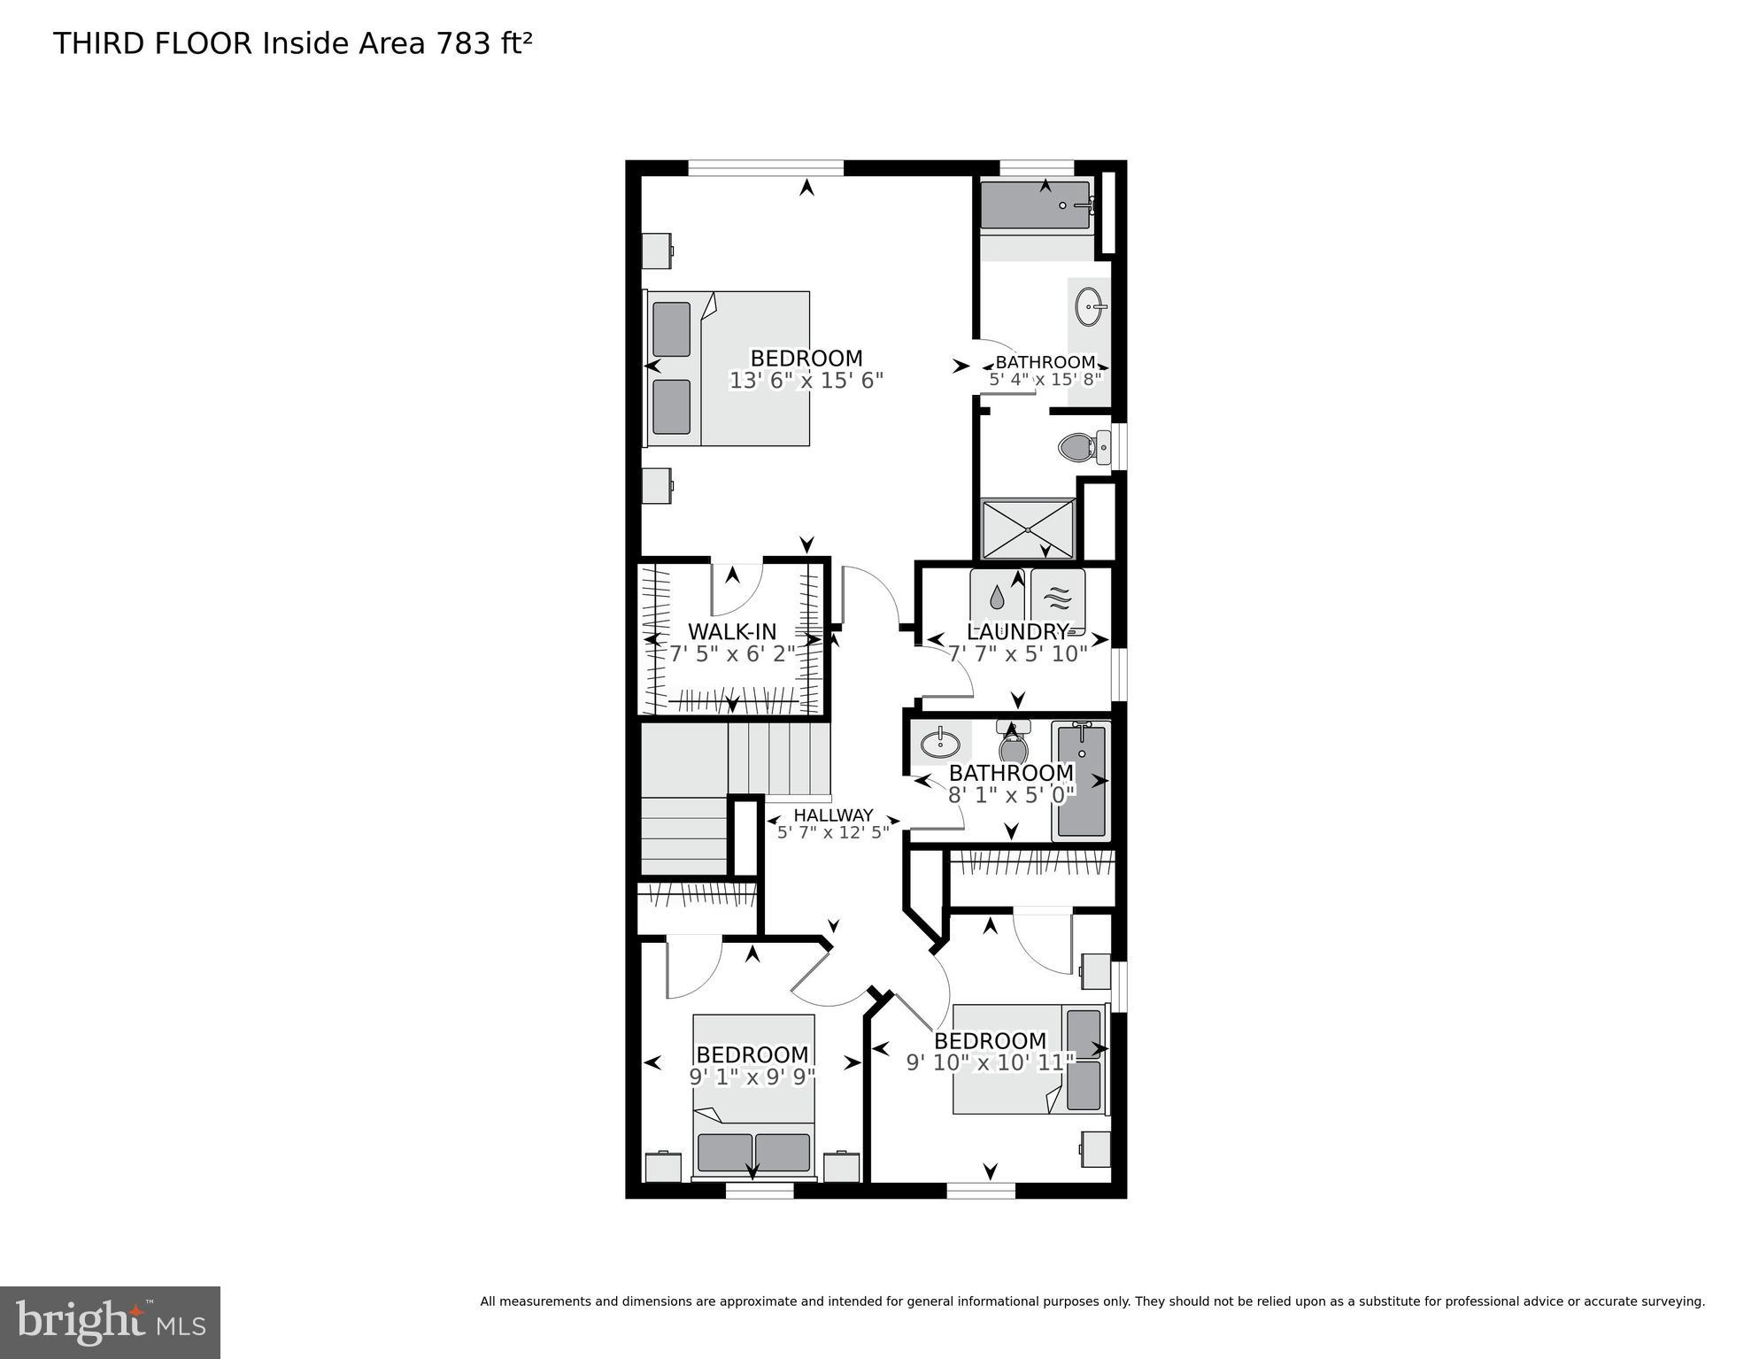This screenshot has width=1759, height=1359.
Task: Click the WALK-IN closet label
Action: click(732, 632)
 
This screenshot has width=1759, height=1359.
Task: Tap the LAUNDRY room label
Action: click(1017, 632)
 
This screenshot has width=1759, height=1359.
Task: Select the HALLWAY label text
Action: click(833, 815)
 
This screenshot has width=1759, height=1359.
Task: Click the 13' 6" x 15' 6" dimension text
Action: click(806, 381)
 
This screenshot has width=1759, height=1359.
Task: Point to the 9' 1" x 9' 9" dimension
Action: click(752, 1077)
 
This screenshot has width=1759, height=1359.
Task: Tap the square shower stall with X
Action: click(1028, 529)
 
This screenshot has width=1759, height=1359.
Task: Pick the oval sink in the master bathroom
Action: click(1092, 307)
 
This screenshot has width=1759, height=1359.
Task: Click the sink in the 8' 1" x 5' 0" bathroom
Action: click(940, 743)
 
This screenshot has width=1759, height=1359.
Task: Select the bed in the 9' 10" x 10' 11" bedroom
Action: click(1030, 1059)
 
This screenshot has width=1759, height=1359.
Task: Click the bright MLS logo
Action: click(110, 1323)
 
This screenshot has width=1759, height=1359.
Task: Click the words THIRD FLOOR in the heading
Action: click(153, 43)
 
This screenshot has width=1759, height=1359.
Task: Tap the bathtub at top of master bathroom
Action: click(1035, 206)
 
